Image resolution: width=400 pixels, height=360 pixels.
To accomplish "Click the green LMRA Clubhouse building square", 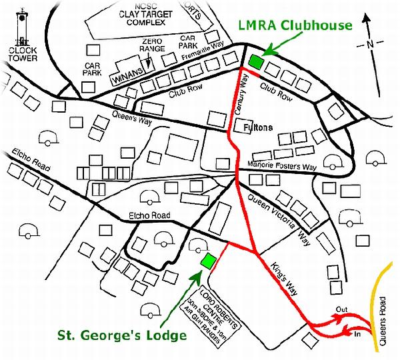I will (x=255, y=61).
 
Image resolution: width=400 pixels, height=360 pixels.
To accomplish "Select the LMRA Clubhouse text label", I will (x=297, y=26).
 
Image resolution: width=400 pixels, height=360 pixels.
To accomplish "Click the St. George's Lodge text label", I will (x=121, y=335).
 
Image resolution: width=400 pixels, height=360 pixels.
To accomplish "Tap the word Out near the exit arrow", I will (x=341, y=309).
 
